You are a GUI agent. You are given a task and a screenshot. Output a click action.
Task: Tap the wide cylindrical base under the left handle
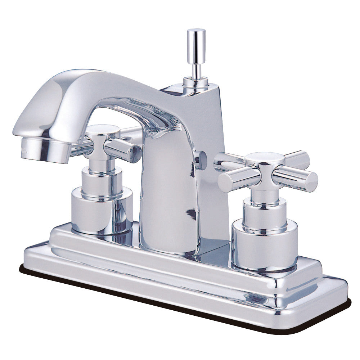tap(102, 211)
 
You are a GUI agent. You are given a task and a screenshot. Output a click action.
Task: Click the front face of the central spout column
tap(167, 202)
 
